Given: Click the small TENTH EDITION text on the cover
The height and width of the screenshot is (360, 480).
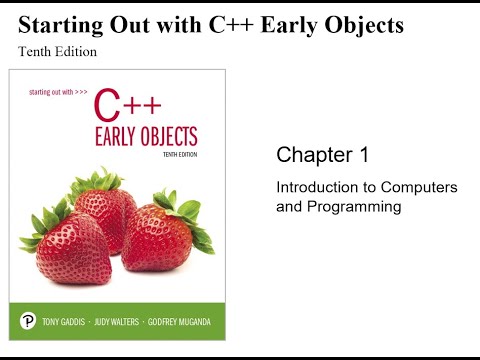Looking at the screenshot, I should pos(177,156).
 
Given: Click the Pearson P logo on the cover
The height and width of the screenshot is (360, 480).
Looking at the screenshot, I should pos(29,321).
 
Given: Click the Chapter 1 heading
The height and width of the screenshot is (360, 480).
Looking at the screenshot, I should pos(322,155).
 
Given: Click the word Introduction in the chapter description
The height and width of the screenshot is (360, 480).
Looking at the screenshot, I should pos(313,188).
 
